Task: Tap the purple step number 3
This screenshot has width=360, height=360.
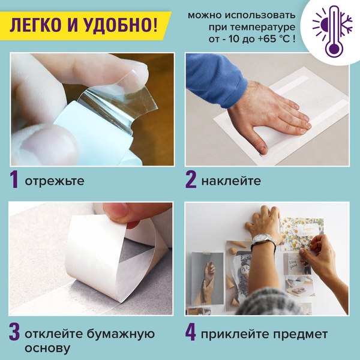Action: click(x=14, y=334)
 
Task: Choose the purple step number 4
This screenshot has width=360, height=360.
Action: click(x=191, y=334)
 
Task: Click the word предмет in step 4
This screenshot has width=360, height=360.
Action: click(x=302, y=334)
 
